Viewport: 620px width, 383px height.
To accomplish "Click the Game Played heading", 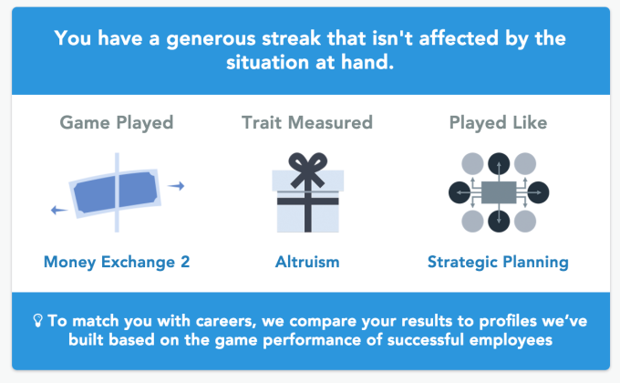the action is click(117, 123).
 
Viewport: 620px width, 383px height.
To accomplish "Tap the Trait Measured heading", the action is click(307, 123).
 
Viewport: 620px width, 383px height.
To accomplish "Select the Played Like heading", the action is click(498, 123).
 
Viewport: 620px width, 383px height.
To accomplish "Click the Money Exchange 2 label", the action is click(117, 263).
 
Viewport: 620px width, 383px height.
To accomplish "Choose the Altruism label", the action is click(307, 262).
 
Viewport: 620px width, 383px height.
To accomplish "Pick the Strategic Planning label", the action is click(498, 263).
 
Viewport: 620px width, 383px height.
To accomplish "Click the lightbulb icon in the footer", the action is click(37, 320).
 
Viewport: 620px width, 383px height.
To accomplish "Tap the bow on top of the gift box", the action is click(307, 170).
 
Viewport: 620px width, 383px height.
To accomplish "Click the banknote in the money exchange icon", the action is click(115, 193).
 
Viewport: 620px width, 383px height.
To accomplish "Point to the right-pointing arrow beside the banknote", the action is click(176, 185).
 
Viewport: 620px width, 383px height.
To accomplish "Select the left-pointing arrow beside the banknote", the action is click(59, 210).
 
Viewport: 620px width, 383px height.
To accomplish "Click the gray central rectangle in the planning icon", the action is click(499, 192).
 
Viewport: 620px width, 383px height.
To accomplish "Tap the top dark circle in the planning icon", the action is click(499, 164).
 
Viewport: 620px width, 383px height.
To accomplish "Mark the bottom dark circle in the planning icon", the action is click(499, 222).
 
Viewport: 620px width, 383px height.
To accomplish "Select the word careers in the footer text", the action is click(226, 321).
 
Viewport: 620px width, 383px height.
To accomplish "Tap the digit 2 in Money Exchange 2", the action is click(185, 262).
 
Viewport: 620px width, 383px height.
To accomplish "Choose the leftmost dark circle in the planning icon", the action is click(460, 192).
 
